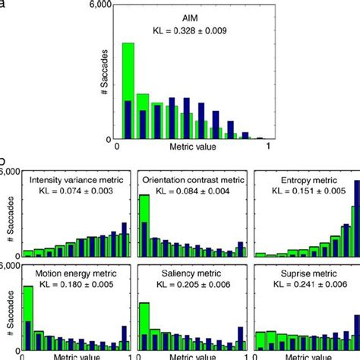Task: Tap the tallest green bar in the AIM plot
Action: (128, 91)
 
